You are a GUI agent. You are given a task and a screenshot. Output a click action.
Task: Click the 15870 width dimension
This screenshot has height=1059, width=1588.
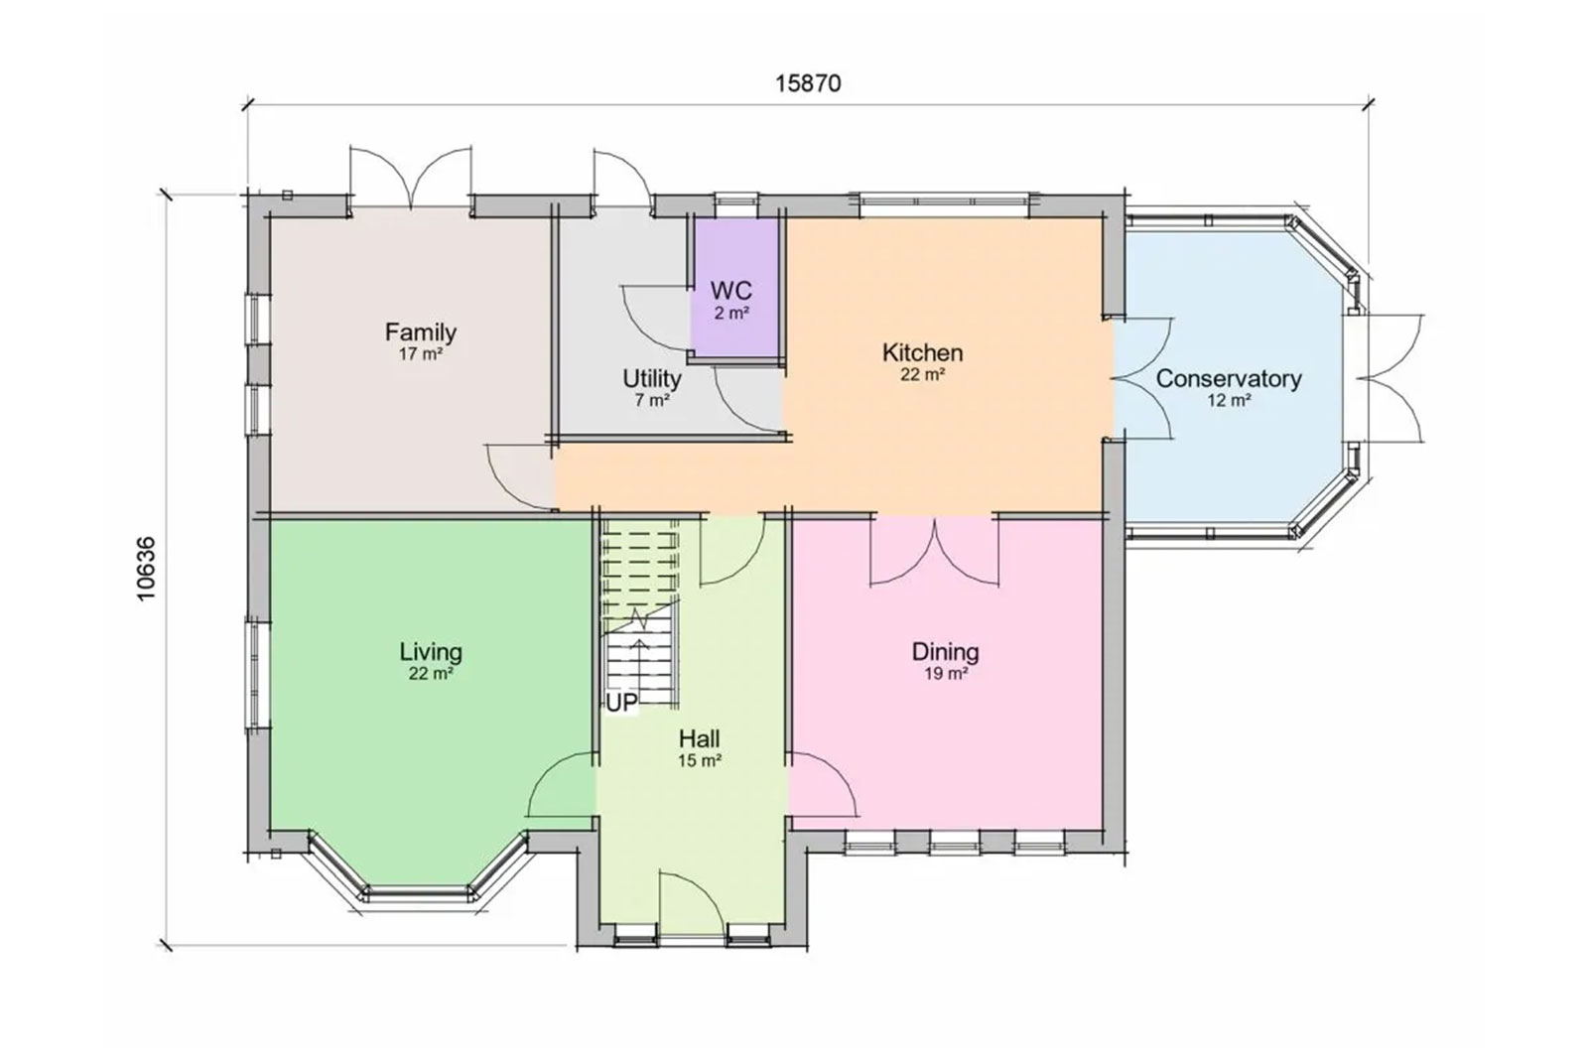808,83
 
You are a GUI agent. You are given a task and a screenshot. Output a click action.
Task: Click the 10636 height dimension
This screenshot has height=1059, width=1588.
146,569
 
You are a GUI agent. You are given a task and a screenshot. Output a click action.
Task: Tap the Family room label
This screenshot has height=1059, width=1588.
421,331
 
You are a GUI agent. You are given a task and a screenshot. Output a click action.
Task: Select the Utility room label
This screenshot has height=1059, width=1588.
652,378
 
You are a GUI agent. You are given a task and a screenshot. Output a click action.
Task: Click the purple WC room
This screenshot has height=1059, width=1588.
735,288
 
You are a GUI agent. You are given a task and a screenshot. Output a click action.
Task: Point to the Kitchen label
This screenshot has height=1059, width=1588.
922,352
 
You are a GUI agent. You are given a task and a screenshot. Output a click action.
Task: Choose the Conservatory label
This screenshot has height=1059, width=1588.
1229,378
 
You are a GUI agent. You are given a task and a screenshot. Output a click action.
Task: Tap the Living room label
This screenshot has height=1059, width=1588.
431,652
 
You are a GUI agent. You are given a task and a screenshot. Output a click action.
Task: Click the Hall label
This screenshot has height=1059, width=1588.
699,739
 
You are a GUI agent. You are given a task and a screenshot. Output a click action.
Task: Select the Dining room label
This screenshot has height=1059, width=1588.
945,652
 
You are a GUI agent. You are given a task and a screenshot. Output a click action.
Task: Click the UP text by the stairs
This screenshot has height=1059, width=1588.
621,703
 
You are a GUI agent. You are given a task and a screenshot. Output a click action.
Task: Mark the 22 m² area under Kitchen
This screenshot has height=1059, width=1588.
922,374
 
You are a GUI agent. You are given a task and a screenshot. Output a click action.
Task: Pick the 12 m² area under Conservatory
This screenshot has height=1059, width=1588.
1229,400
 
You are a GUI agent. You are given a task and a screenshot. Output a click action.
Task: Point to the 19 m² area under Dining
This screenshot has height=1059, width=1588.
946,673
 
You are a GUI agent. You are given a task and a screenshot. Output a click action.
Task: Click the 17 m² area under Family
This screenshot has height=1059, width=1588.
421,353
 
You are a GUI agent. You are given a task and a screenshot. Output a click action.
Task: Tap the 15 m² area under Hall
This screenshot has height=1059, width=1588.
700,760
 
